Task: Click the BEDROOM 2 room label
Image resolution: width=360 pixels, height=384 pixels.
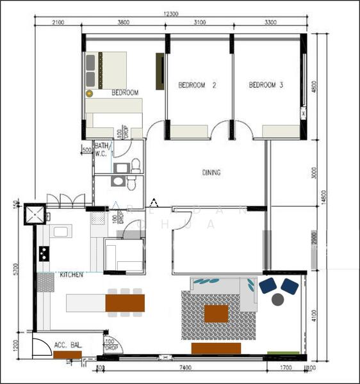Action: coord(197,84)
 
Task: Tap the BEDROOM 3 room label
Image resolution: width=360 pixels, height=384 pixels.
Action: coord(266,84)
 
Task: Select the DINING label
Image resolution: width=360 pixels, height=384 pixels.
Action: coord(211,172)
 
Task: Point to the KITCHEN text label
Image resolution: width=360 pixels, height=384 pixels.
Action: coord(72,275)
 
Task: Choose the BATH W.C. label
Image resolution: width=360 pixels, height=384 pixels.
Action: coord(101,149)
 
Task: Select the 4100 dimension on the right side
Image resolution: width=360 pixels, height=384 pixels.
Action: coord(313,314)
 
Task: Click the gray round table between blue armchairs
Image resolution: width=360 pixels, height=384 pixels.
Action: coord(278,299)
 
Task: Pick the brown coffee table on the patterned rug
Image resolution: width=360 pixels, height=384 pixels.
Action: coord(216,314)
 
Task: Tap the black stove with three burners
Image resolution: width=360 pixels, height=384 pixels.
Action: coord(44,253)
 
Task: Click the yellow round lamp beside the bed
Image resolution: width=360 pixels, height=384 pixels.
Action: coord(90,93)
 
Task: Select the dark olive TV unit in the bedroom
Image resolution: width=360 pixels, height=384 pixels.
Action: coord(160,72)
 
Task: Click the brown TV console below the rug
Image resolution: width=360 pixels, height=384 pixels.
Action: coord(216,348)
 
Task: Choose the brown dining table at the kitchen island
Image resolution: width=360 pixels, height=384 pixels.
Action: coord(125,302)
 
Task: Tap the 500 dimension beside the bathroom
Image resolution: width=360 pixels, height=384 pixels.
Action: coord(86,150)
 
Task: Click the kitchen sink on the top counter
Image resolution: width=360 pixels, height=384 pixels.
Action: coord(61,231)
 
